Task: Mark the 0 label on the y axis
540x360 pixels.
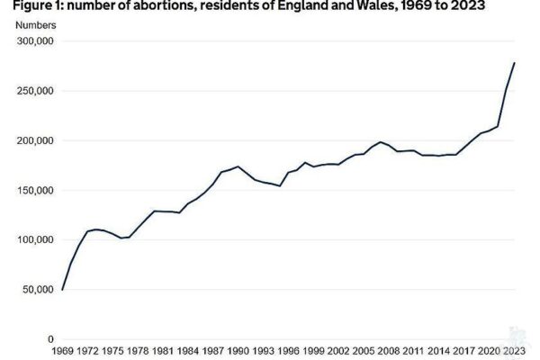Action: tap(51, 338)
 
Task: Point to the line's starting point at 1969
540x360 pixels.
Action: tap(63, 289)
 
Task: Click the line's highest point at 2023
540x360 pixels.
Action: tap(514, 63)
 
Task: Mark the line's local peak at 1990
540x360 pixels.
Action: tap(238, 166)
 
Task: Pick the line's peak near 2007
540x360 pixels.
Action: tap(381, 142)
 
